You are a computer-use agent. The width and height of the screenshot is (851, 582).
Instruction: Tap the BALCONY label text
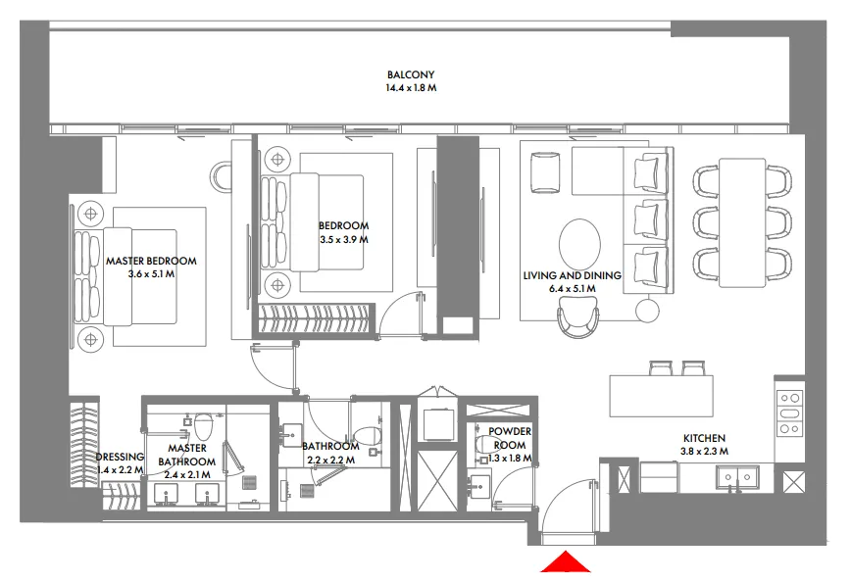point(410,74)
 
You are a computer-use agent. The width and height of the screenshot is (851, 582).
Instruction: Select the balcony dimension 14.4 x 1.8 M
point(410,88)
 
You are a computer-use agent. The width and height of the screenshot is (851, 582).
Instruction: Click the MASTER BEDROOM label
point(151,261)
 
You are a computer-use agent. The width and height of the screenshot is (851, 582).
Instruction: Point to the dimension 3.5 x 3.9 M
point(343,239)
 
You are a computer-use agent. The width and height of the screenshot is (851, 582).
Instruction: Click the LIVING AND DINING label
point(572,275)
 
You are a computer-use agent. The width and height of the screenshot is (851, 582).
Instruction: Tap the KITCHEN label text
point(704,438)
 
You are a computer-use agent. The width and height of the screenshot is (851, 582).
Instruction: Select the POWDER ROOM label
point(509,437)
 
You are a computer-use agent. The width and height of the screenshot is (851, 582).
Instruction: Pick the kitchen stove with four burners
point(789,412)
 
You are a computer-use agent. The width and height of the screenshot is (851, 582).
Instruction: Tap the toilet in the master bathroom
point(204,427)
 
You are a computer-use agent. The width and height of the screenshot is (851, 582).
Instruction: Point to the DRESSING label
point(120,458)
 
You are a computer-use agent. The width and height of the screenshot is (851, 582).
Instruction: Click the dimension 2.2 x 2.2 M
point(331,459)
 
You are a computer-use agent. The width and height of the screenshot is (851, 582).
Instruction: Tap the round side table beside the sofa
point(647,311)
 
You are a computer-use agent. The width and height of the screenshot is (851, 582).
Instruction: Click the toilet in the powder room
point(482,445)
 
